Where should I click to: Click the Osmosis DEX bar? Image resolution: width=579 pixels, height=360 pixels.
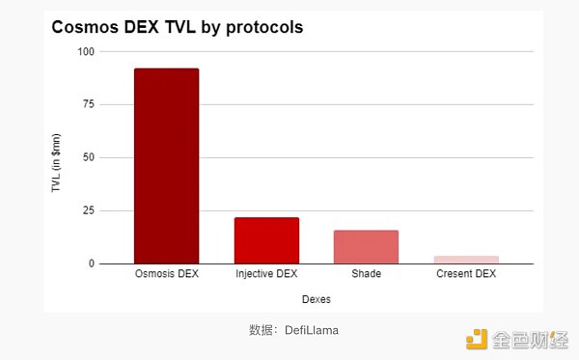click(x=166, y=166)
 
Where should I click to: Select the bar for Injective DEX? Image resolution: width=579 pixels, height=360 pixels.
click(x=266, y=240)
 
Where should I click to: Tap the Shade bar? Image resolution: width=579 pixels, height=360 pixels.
click(x=366, y=246)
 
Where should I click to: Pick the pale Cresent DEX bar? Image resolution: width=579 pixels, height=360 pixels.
click(x=466, y=260)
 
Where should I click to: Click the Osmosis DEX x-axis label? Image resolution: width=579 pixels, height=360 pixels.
click(x=166, y=274)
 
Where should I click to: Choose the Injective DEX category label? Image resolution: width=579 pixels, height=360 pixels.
click(x=266, y=274)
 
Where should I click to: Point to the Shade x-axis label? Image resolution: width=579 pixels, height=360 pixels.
click(x=366, y=274)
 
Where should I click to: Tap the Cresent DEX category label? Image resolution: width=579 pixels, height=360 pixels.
click(x=466, y=274)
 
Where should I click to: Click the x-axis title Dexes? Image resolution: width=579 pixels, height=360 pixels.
click(x=317, y=299)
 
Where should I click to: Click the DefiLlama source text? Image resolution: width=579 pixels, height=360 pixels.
click(x=311, y=330)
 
